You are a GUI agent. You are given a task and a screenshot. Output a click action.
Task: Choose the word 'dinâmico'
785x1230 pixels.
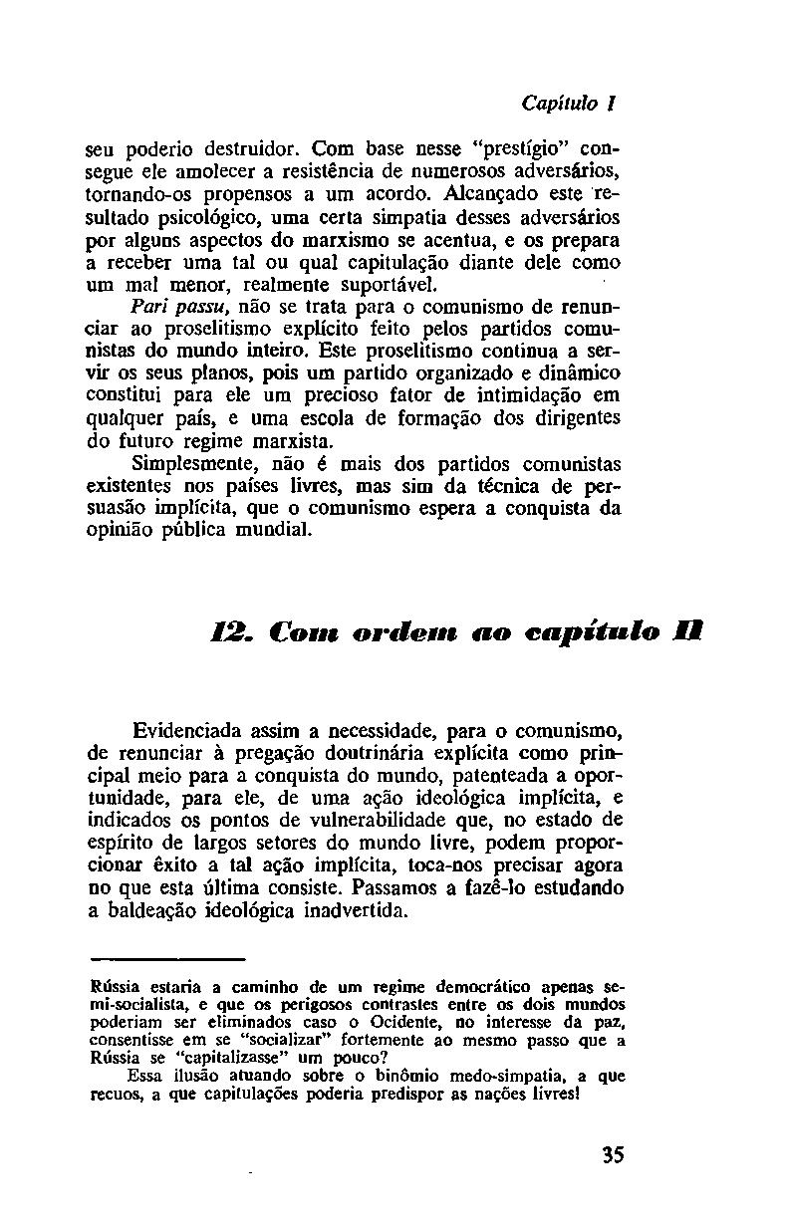tap(581, 375)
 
